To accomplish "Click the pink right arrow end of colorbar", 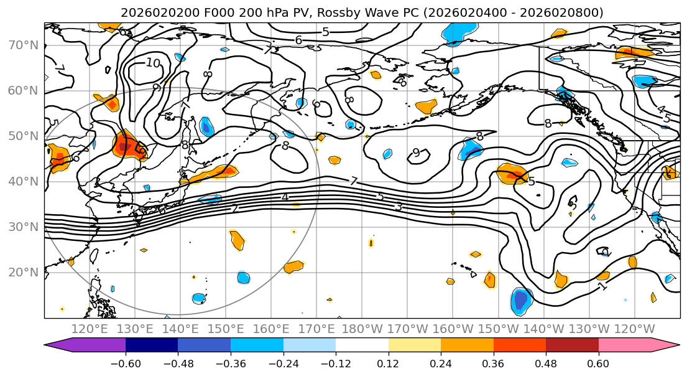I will (670, 345).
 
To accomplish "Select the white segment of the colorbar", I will (362, 345).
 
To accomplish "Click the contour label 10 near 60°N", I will (153, 63).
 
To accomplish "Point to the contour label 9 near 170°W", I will (416, 153).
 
